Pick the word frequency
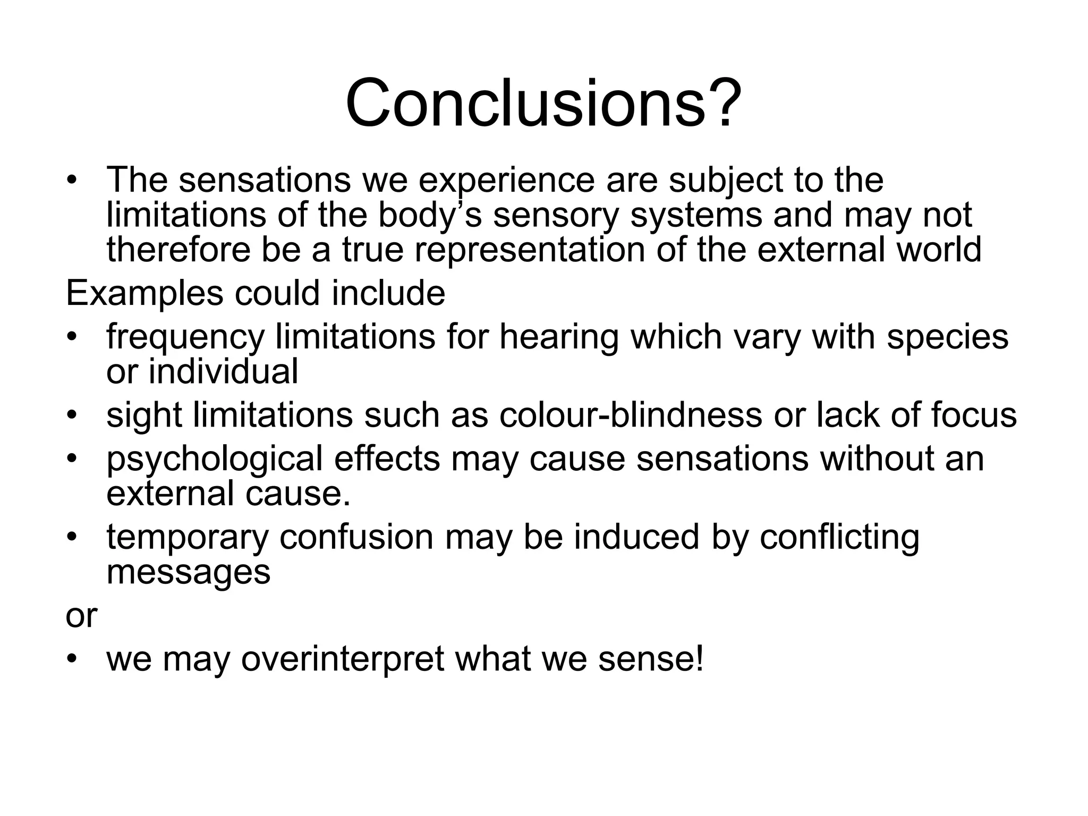[x=185, y=337]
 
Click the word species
[x=947, y=337]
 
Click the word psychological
[x=215, y=459]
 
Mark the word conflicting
[x=839, y=537]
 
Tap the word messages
[x=188, y=572]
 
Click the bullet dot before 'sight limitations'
[x=72, y=415]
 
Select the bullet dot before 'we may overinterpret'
[x=72, y=659]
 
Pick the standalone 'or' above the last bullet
[x=81, y=616]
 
